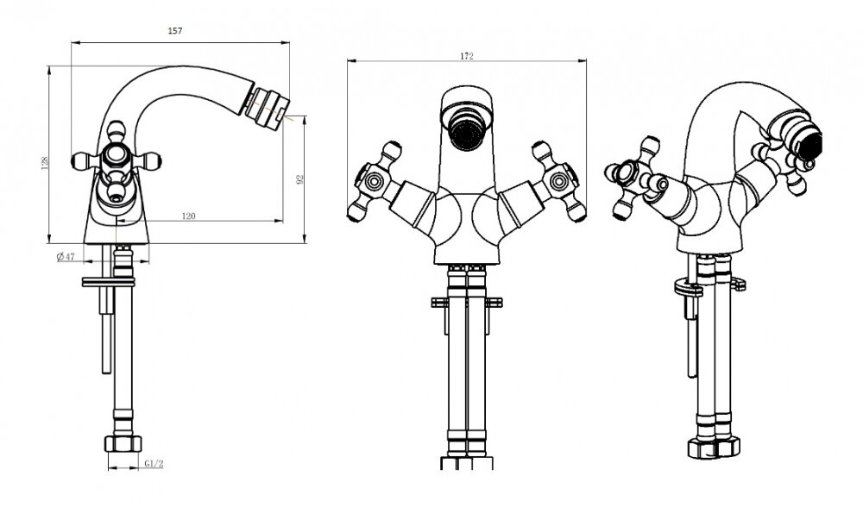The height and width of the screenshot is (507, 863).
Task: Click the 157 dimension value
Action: click(x=174, y=31)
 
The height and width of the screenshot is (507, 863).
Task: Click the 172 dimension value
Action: click(x=466, y=56)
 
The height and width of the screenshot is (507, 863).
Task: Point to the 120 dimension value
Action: click(x=188, y=216)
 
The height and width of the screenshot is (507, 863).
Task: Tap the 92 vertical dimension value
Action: click(x=300, y=178)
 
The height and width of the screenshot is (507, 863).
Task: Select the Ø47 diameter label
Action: click(x=66, y=257)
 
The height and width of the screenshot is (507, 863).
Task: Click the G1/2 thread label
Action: click(x=154, y=464)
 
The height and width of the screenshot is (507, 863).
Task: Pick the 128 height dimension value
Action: click(x=45, y=162)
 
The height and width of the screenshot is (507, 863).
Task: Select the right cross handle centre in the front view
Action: click(x=558, y=181)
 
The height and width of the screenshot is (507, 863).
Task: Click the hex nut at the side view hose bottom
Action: click(x=123, y=443)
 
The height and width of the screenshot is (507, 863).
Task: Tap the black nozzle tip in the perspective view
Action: click(x=809, y=144)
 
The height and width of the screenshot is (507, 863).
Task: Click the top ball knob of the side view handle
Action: click(x=117, y=131)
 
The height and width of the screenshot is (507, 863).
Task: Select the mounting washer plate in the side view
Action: click(x=109, y=282)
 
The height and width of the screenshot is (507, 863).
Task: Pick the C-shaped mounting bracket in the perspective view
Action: click(x=688, y=287)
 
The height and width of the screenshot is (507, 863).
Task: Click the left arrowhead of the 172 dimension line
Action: click(x=350, y=60)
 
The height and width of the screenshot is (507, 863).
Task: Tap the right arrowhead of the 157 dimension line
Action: click(x=286, y=41)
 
